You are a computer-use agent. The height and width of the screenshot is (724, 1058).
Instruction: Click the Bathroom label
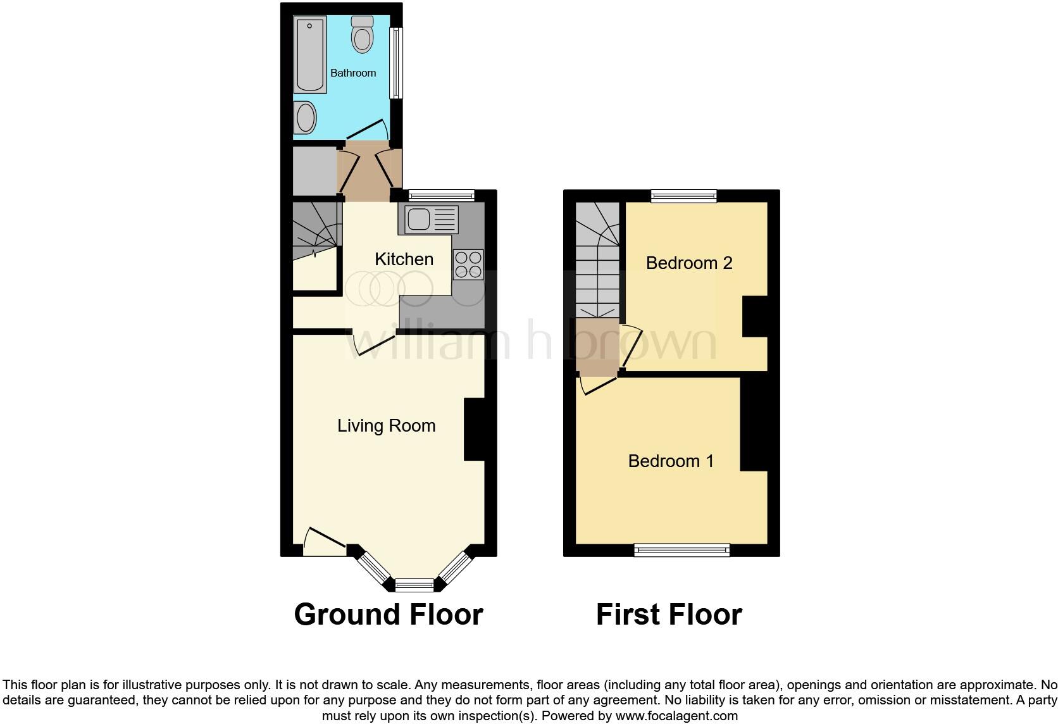click(353, 73)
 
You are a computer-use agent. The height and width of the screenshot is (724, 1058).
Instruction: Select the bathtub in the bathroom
click(310, 54)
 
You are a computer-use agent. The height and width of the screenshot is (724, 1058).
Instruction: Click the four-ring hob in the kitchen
click(468, 265)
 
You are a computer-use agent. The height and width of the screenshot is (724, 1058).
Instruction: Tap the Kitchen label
click(404, 259)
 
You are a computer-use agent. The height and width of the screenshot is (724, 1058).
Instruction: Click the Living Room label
click(386, 425)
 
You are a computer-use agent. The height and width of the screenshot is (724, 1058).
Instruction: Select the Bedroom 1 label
click(671, 461)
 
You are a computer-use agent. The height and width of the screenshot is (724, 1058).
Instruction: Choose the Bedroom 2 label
click(689, 263)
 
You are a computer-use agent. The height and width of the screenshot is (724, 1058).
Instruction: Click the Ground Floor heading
click(389, 615)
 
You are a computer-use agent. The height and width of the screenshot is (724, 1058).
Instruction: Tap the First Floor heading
click(669, 615)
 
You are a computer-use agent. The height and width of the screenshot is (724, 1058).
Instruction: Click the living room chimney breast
click(474, 428)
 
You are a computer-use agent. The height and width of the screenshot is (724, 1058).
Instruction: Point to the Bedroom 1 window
click(682, 550)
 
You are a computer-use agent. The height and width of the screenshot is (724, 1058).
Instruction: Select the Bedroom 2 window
click(684, 196)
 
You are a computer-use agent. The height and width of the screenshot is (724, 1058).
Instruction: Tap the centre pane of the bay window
click(414, 584)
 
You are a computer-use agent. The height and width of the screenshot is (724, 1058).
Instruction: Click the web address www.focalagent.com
click(676, 716)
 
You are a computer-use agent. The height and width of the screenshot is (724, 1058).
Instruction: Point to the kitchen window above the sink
click(441, 195)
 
